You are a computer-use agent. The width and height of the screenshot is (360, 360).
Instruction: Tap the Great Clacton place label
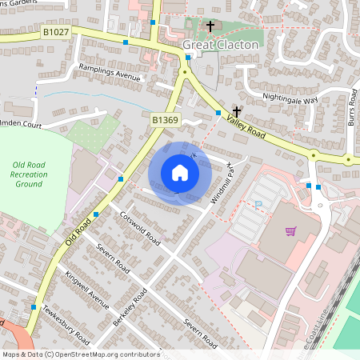point(221,45)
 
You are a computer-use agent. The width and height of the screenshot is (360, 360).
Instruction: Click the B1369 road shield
point(165,119)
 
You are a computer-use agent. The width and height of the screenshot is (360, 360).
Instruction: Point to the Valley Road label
point(245,126)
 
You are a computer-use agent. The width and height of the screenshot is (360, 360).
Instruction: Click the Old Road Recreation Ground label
point(28,174)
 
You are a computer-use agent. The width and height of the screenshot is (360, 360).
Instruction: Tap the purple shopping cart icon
point(291,230)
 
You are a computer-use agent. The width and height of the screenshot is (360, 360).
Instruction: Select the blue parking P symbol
point(258,206)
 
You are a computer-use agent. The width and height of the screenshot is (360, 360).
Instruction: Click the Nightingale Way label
point(290,98)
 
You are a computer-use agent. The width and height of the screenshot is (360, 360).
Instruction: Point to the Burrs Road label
point(351,117)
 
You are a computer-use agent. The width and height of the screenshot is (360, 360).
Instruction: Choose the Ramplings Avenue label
point(110,74)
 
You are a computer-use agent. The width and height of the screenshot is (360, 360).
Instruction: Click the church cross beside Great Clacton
point(211,26)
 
